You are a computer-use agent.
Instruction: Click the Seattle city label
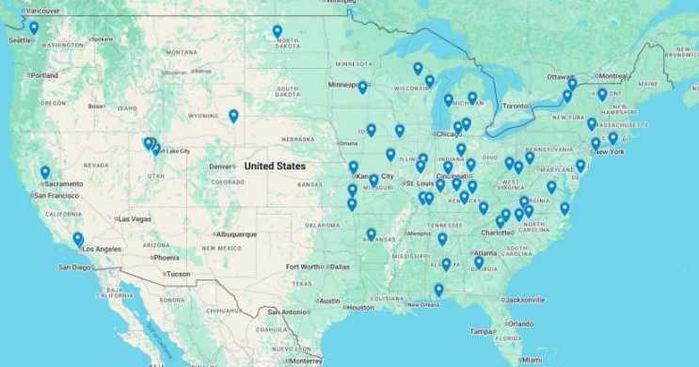(18, 40)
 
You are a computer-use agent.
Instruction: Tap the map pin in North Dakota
(278, 32)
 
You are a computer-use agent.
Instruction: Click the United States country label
(275, 166)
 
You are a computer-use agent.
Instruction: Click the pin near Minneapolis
(362, 88)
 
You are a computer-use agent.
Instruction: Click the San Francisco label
(56, 196)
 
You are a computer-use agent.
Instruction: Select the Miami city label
(532, 360)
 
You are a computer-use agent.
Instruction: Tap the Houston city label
(359, 308)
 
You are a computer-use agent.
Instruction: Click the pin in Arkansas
(372, 234)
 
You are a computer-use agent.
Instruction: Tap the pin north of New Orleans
(438, 290)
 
